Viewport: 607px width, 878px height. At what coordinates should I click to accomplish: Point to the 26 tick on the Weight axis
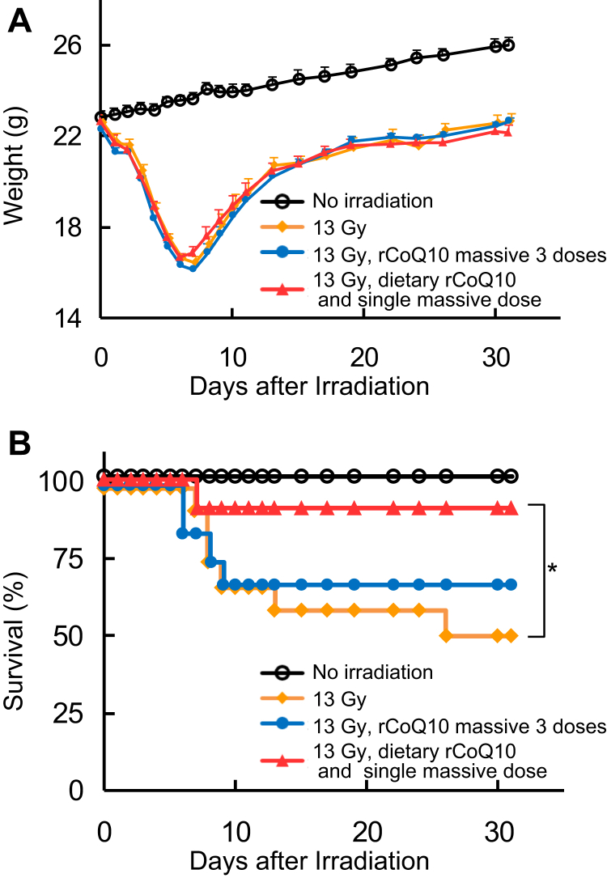(x=68, y=45)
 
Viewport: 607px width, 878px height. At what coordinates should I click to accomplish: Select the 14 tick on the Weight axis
(x=70, y=319)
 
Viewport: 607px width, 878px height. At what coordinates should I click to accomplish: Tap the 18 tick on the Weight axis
(x=70, y=227)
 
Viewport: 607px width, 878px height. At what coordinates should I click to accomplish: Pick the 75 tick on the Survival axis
(x=70, y=559)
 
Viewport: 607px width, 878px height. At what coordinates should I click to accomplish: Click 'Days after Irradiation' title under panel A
(x=309, y=385)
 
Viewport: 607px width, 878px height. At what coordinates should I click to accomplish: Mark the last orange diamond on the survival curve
(x=511, y=636)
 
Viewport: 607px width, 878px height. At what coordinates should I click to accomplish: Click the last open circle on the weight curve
(x=508, y=45)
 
